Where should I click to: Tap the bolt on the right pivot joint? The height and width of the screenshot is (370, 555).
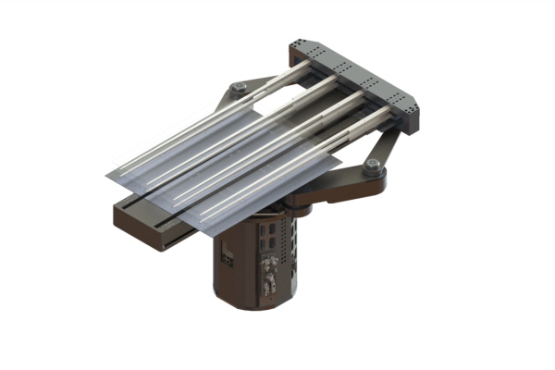(x=372, y=166)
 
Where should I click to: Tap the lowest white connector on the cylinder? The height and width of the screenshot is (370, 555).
(x=270, y=288)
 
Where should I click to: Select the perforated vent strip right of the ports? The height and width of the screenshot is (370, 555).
(x=290, y=250)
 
